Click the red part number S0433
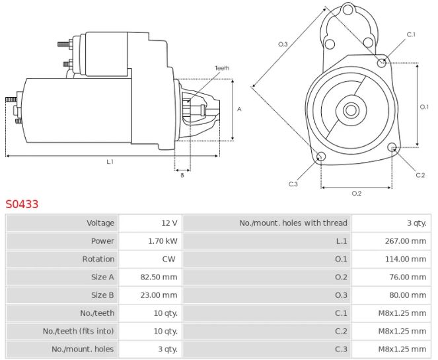[22, 204]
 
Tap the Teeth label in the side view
[222, 68]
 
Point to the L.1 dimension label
[110, 162]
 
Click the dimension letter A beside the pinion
[240, 110]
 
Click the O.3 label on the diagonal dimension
[283, 44]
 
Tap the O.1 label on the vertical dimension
[425, 106]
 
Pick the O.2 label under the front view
[356, 193]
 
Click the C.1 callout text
[410, 34]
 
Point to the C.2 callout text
[420, 175]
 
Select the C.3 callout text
[293, 184]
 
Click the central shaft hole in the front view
[351, 110]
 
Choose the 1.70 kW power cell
[163, 241]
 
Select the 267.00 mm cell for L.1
[406, 241]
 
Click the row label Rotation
[98, 259]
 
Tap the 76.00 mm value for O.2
[408, 277]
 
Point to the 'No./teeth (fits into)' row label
[79, 331]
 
